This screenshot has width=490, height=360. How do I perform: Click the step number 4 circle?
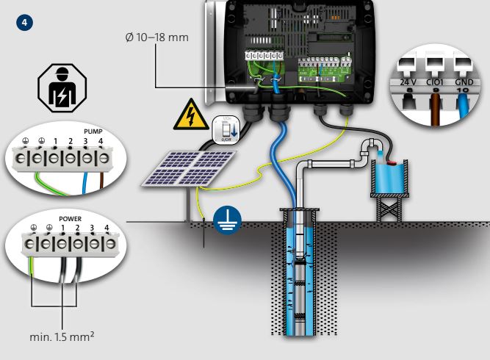pos(27,22)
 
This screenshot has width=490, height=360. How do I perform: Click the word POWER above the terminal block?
pos(68,219)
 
